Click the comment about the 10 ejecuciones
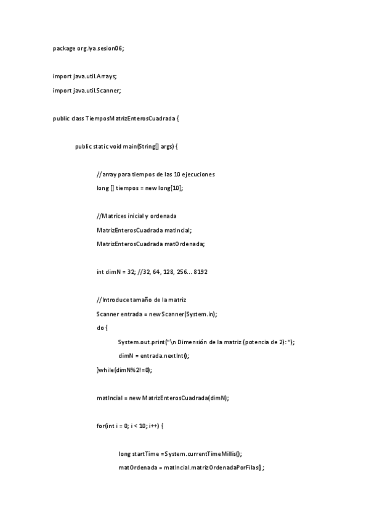click(x=155, y=175)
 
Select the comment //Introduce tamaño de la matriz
click(x=145, y=300)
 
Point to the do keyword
click(x=100, y=327)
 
